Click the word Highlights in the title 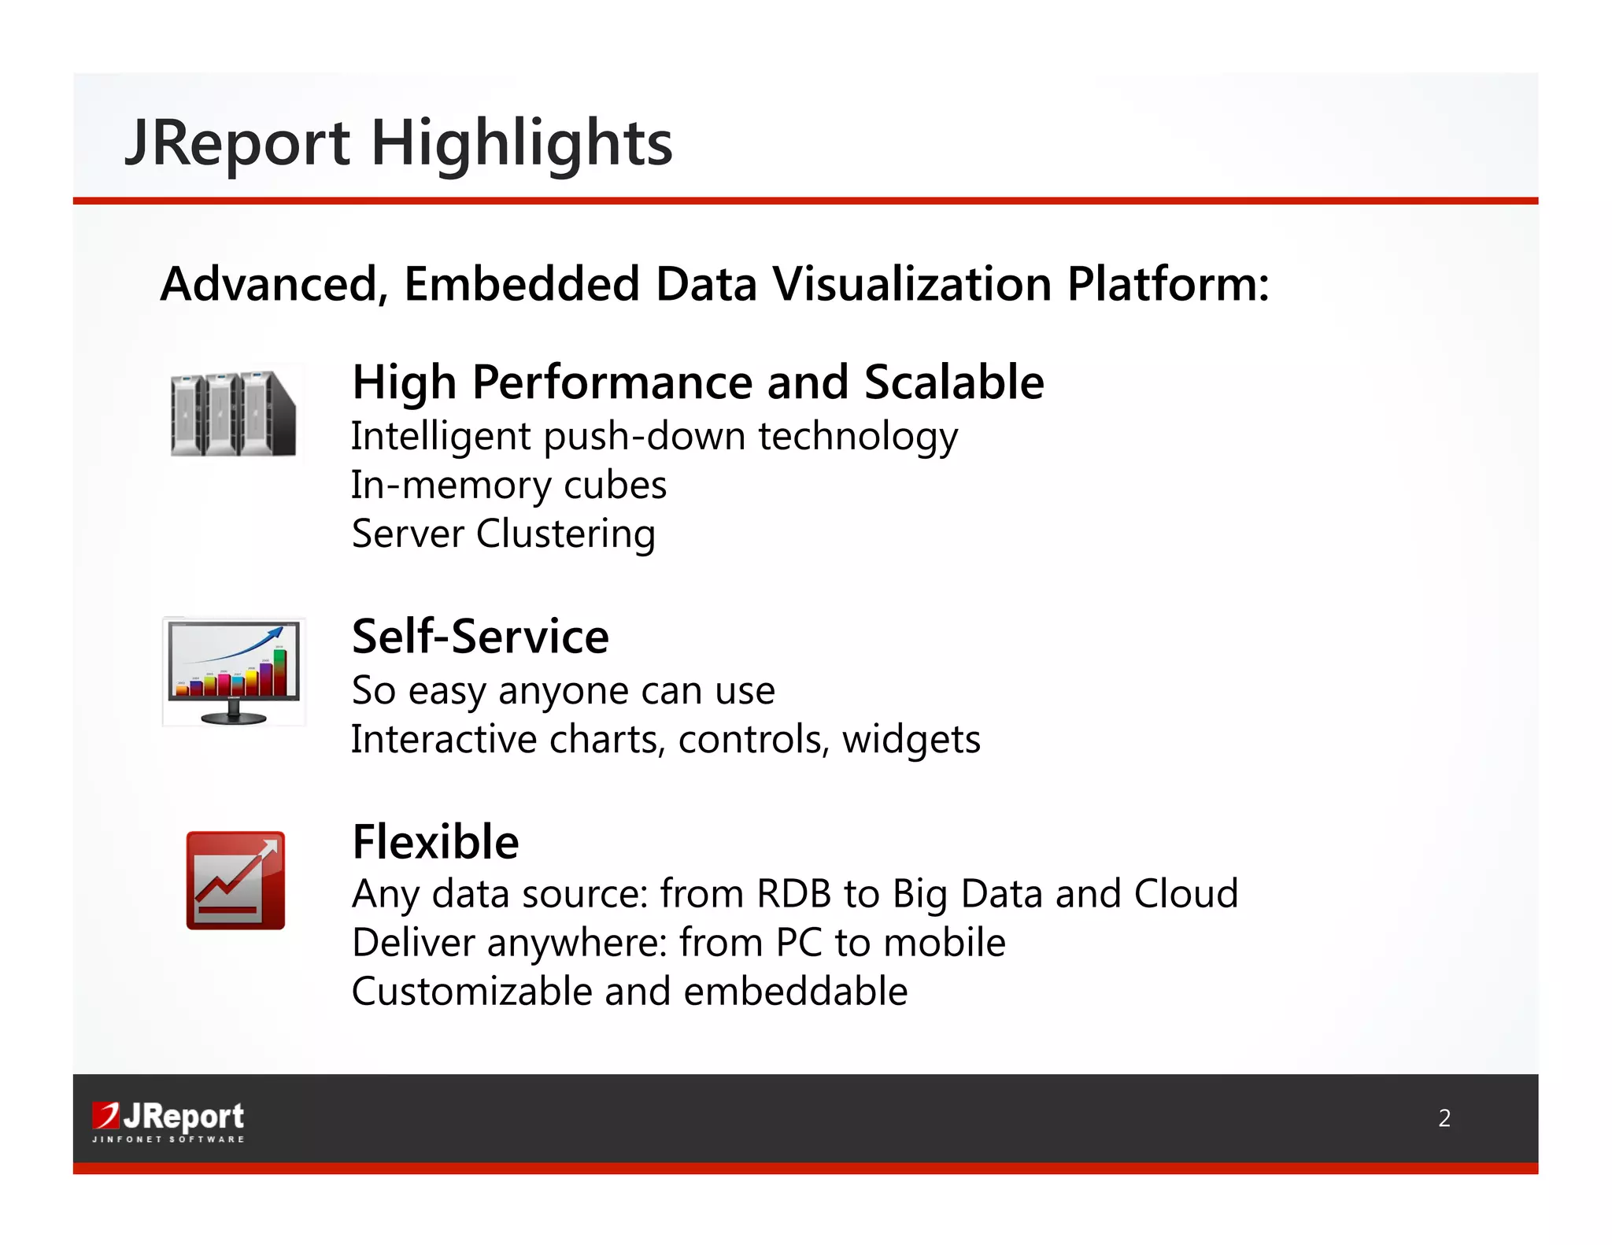tap(521, 144)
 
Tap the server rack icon tap(233, 414)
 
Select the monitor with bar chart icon tap(234, 671)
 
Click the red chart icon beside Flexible tap(235, 881)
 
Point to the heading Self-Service tap(480, 637)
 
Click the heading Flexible tap(435, 842)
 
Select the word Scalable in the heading tap(953, 383)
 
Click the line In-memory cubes tap(508, 486)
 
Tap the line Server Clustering tap(503, 534)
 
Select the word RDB tap(793, 895)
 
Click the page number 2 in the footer tap(1444, 1118)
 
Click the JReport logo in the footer tap(168, 1116)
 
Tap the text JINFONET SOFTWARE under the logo tap(168, 1140)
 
